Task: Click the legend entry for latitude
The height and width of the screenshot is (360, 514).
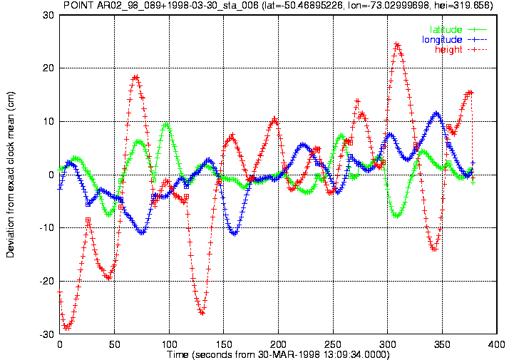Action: pos(446,29)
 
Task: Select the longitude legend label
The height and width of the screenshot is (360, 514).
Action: pos(442,40)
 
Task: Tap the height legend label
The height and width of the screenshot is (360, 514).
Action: pos(448,50)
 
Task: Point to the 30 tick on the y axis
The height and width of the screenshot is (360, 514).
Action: pos(48,15)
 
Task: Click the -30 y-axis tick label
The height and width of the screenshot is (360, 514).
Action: pos(46,335)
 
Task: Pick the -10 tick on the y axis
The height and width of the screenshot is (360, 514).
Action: pos(46,228)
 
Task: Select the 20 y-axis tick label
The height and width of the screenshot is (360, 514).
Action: pos(48,68)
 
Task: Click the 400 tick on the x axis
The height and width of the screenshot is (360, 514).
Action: pos(497,344)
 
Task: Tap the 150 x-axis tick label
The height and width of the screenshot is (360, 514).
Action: pos(224,344)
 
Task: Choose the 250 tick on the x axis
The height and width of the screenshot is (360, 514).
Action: pos(333,344)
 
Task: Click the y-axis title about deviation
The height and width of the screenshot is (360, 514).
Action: pos(11,175)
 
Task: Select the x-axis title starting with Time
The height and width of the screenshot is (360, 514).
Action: pos(278,355)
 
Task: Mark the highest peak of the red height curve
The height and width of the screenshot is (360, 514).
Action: pos(397,44)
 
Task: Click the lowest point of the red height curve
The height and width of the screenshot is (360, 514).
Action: pos(66,327)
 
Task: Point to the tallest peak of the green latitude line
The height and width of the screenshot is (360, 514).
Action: pos(166,125)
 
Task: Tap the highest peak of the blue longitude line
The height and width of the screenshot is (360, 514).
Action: pos(436,113)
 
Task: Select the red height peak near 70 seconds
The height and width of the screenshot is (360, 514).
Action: pos(135,78)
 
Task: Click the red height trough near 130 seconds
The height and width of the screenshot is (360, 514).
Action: pos(202,313)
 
